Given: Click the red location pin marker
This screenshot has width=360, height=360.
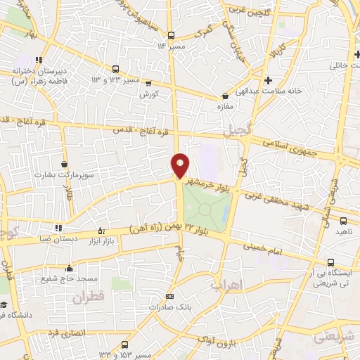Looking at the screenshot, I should (181, 166).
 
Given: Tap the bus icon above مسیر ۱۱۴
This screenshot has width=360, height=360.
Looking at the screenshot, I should (171, 34).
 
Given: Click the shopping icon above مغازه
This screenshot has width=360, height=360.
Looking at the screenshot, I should (225, 96).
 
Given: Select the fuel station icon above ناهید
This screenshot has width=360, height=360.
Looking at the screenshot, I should (342, 221).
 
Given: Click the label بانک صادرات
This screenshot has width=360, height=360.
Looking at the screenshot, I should (168, 307).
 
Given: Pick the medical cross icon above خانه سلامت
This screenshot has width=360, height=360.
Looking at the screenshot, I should (269, 79).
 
